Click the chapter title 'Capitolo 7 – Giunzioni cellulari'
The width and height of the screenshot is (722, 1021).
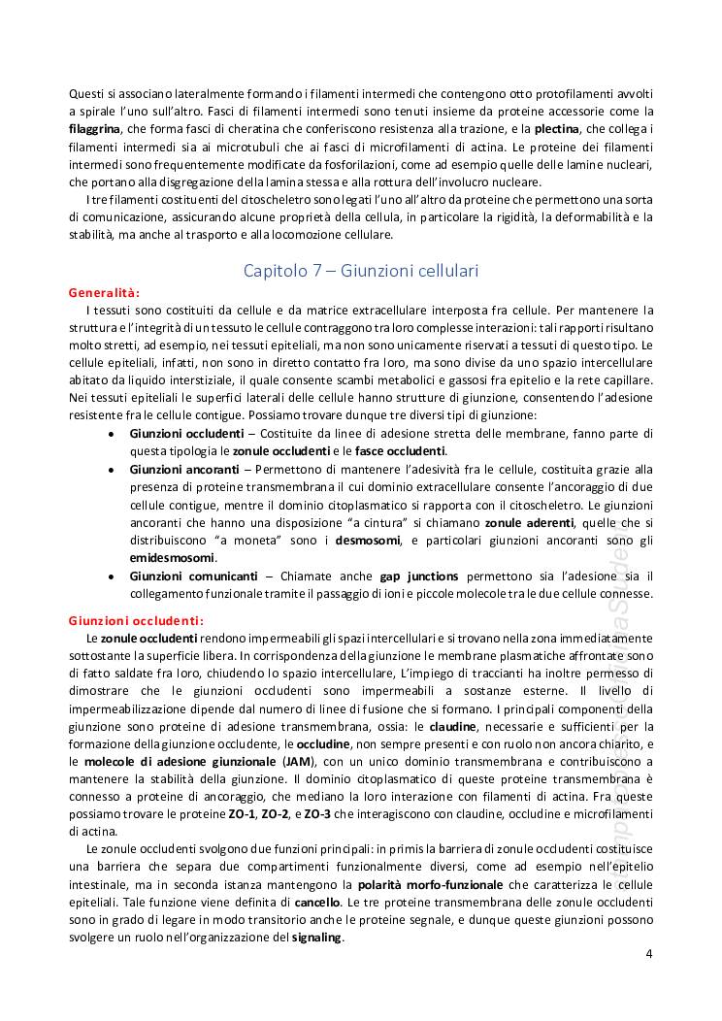(x=360, y=271)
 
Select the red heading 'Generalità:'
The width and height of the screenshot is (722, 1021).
(x=104, y=292)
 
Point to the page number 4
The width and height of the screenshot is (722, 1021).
(x=649, y=952)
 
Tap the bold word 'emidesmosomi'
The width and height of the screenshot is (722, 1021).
(x=173, y=558)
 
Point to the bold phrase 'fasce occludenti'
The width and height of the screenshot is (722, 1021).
(x=404, y=451)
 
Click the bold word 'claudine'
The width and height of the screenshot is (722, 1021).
(x=452, y=726)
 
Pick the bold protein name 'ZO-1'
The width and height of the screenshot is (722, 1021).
(x=233, y=813)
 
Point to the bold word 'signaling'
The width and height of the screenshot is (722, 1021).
(x=316, y=938)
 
